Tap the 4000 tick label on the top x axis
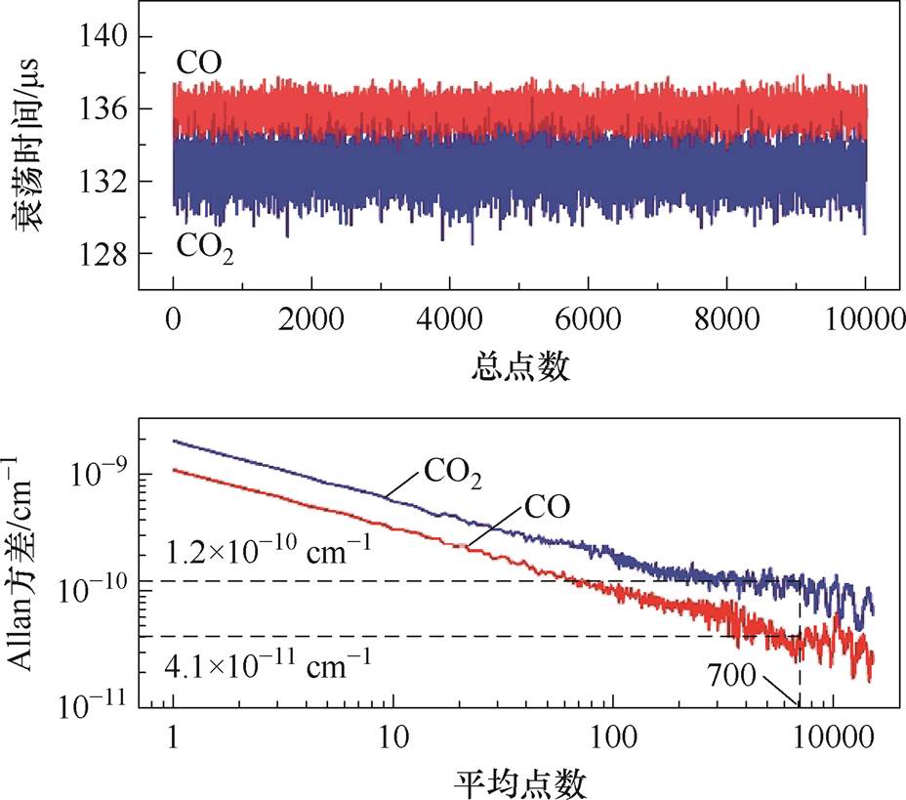[x=449, y=319]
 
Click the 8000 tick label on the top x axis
[x=726, y=319]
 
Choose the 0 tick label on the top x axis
[x=173, y=319]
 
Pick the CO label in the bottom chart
[x=547, y=506]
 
